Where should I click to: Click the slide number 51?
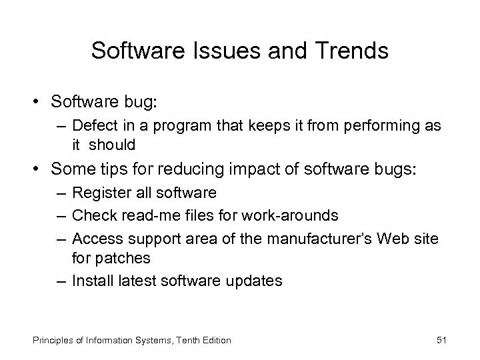pyautogui.click(x=441, y=340)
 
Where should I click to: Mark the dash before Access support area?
pyautogui.click(x=60, y=238)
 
